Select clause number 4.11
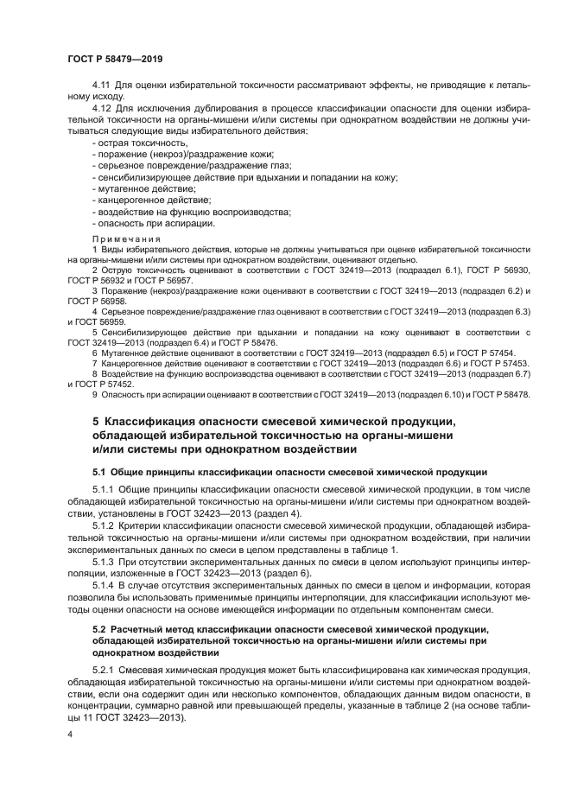pyautogui.click(x=102, y=86)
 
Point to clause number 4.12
pyautogui.click(x=102, y=108)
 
